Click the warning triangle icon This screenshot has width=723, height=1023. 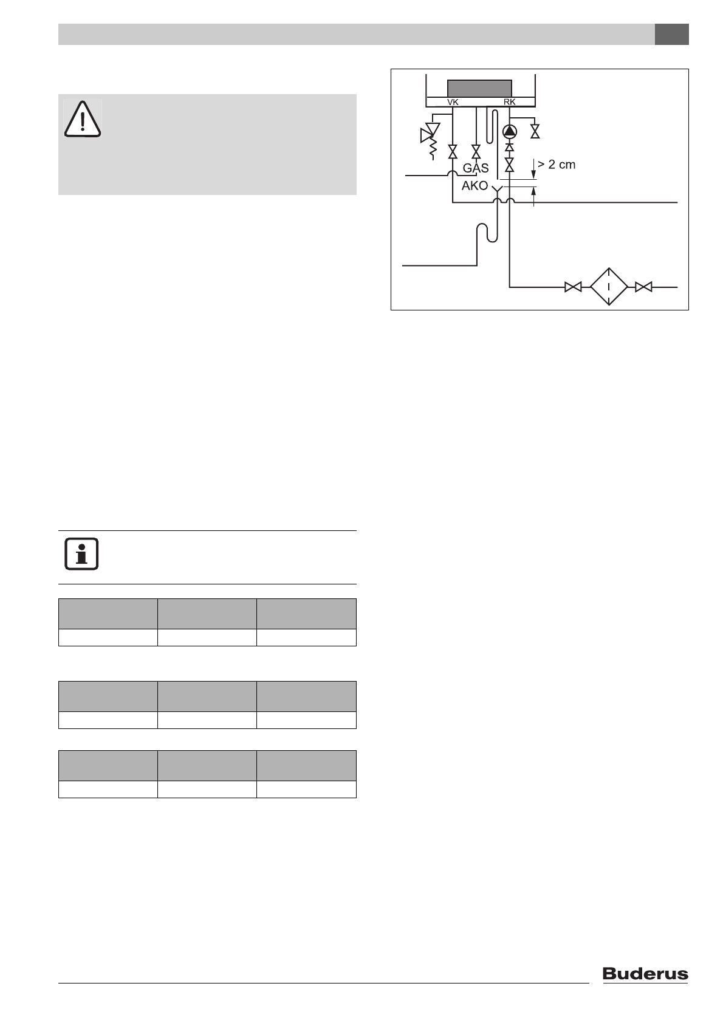coord(83,118)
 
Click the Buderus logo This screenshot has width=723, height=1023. coord(645,974)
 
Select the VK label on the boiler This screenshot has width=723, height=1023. coord(453,102)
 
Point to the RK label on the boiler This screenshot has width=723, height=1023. coord(509,102)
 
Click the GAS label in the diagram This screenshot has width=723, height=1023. coord(476,168)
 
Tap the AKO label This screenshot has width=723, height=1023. coord(475,186)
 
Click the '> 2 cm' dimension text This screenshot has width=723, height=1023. coord(556,165)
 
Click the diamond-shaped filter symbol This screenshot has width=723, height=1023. coord(609,287)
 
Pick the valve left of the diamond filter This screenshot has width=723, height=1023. coord(573,287)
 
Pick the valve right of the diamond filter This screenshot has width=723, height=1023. coord(644,287)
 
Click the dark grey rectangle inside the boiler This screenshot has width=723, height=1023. coord(479,88)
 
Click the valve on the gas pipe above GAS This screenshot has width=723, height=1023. coord(476,152)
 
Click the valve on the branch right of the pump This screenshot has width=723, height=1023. coord(535,131)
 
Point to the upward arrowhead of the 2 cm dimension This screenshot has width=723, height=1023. coord(534,191)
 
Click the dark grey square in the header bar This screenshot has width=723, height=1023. coord(671,35)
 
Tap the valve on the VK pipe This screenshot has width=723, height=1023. coord(453,152)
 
